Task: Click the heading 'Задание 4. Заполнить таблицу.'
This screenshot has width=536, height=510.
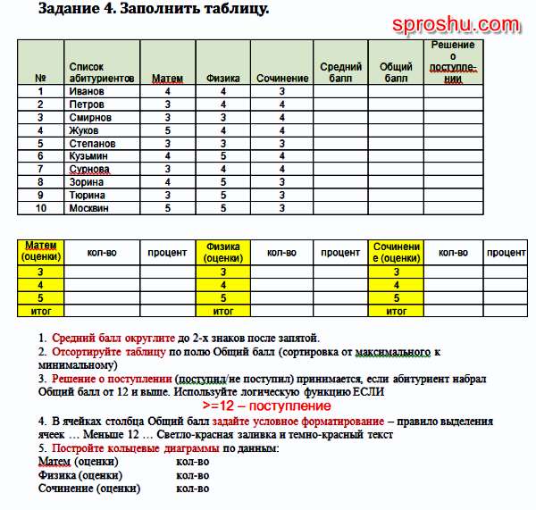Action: [x=155, y=9]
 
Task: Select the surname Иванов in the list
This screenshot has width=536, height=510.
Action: [x=87, y=91]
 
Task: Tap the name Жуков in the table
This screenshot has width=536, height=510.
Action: [x=84, y=130]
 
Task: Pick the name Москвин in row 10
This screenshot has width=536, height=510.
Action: [x=88, y=207]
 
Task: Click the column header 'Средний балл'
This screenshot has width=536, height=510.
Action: [x=340, y=72]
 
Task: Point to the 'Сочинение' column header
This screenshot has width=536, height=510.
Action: [x=281, y=79]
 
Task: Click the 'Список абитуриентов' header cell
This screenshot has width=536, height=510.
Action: [x=101, y=72]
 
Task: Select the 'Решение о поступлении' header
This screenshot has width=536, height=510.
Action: [x=452, y=62]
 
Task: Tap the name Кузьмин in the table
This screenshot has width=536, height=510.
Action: [x=88, y=156]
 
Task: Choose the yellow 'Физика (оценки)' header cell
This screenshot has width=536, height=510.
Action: [x=222, y=252]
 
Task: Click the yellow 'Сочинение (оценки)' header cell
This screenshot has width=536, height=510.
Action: [x=396, y=252]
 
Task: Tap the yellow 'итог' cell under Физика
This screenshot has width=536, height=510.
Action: [x=222, y=311]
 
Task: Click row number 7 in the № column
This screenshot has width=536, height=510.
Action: [x=40, y=169]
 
